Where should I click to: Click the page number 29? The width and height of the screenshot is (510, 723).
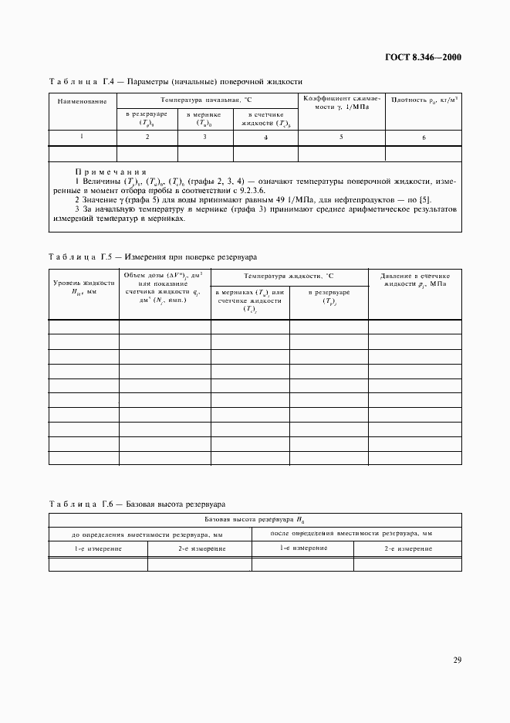click(457, 660)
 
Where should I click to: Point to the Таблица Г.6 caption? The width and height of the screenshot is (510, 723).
click(137, 504)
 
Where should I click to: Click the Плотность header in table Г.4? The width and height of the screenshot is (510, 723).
click(424, 100)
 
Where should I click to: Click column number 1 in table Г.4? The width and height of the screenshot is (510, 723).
click(82, 137)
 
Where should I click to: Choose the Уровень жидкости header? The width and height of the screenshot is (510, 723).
click(83, 287)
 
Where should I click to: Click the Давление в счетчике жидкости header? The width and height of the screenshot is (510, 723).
click(416, 280)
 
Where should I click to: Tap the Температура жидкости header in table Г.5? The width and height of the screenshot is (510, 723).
click(289, 275)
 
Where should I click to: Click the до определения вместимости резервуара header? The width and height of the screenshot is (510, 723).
click(147, 534)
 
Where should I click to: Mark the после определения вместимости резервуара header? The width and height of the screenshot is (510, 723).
click(352, 534)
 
